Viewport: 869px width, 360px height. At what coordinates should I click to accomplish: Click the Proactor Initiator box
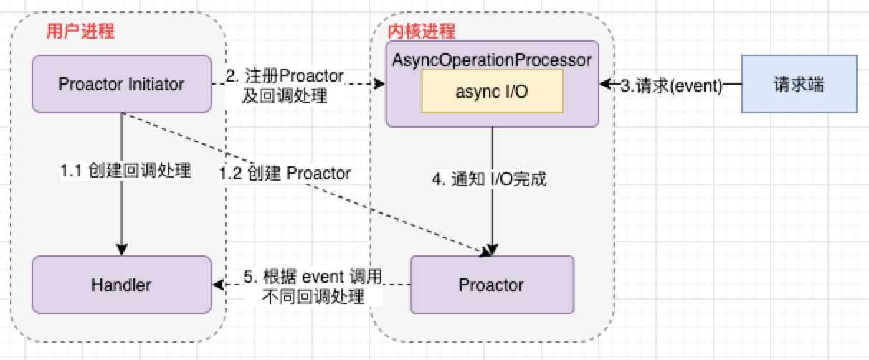click(122, 85)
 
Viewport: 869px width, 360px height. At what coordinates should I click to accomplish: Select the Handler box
click(122, 284)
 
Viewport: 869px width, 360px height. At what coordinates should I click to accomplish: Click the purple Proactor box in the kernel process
click(492, 285)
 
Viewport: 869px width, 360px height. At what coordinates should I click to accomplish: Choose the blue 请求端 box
click(799, 85)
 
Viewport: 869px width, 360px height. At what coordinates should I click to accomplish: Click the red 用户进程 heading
click(80, 32)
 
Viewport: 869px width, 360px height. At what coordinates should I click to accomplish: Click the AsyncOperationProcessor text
click(492, 60)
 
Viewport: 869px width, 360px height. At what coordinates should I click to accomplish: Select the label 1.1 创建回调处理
click(125, 171)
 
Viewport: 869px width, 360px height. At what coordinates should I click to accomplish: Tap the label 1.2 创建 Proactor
click(285, 173)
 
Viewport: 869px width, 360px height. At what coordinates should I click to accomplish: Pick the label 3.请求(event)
click(660, 85)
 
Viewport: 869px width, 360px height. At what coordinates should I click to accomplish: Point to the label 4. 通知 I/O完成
click(490, 179)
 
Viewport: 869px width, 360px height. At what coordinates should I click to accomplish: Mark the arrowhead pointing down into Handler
click(122, 249)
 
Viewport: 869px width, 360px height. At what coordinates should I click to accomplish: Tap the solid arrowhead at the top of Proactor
click(492, 250)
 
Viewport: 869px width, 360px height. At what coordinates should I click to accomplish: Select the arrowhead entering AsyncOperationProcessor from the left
click(380, 85)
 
